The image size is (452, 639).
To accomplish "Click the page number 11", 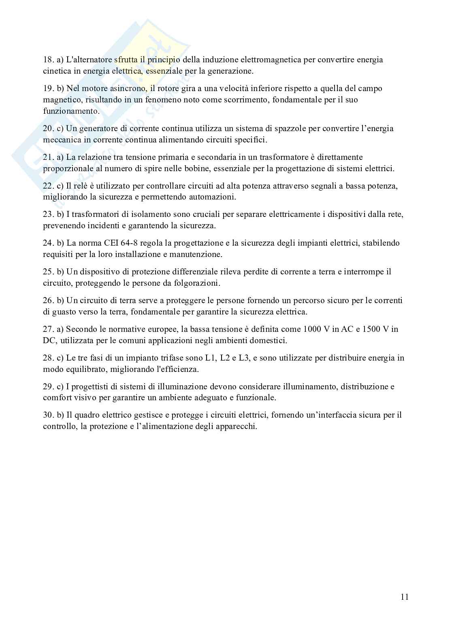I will (404, 597).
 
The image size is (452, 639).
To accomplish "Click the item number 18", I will (48, 60).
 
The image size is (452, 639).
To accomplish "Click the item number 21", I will (48, 157).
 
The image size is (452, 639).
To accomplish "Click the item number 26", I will (48, 300).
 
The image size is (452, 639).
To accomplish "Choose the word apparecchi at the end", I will (237, 427).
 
